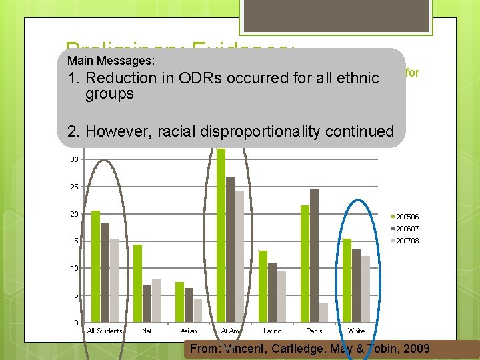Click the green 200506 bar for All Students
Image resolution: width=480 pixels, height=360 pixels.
coord(95,267)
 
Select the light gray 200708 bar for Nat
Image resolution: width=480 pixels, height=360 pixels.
coord(156,301)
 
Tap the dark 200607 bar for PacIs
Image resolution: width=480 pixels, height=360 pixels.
coord(314,256)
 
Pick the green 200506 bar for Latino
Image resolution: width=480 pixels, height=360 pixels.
coord(263,287)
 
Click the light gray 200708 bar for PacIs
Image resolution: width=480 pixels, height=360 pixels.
coord(323,313)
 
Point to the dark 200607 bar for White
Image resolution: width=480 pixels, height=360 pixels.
coord(356,286)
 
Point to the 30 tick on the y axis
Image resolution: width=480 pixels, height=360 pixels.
coord(74,159)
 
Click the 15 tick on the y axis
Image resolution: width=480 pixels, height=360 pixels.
coord(74,241)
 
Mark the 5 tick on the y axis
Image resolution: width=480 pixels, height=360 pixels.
coord(76,295)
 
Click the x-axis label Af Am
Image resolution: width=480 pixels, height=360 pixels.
coord(231,331)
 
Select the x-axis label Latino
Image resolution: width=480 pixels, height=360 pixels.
coord(272,331)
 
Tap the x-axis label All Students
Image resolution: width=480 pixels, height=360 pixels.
coord(105,331)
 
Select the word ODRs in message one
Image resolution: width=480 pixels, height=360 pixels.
coord(200,78)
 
